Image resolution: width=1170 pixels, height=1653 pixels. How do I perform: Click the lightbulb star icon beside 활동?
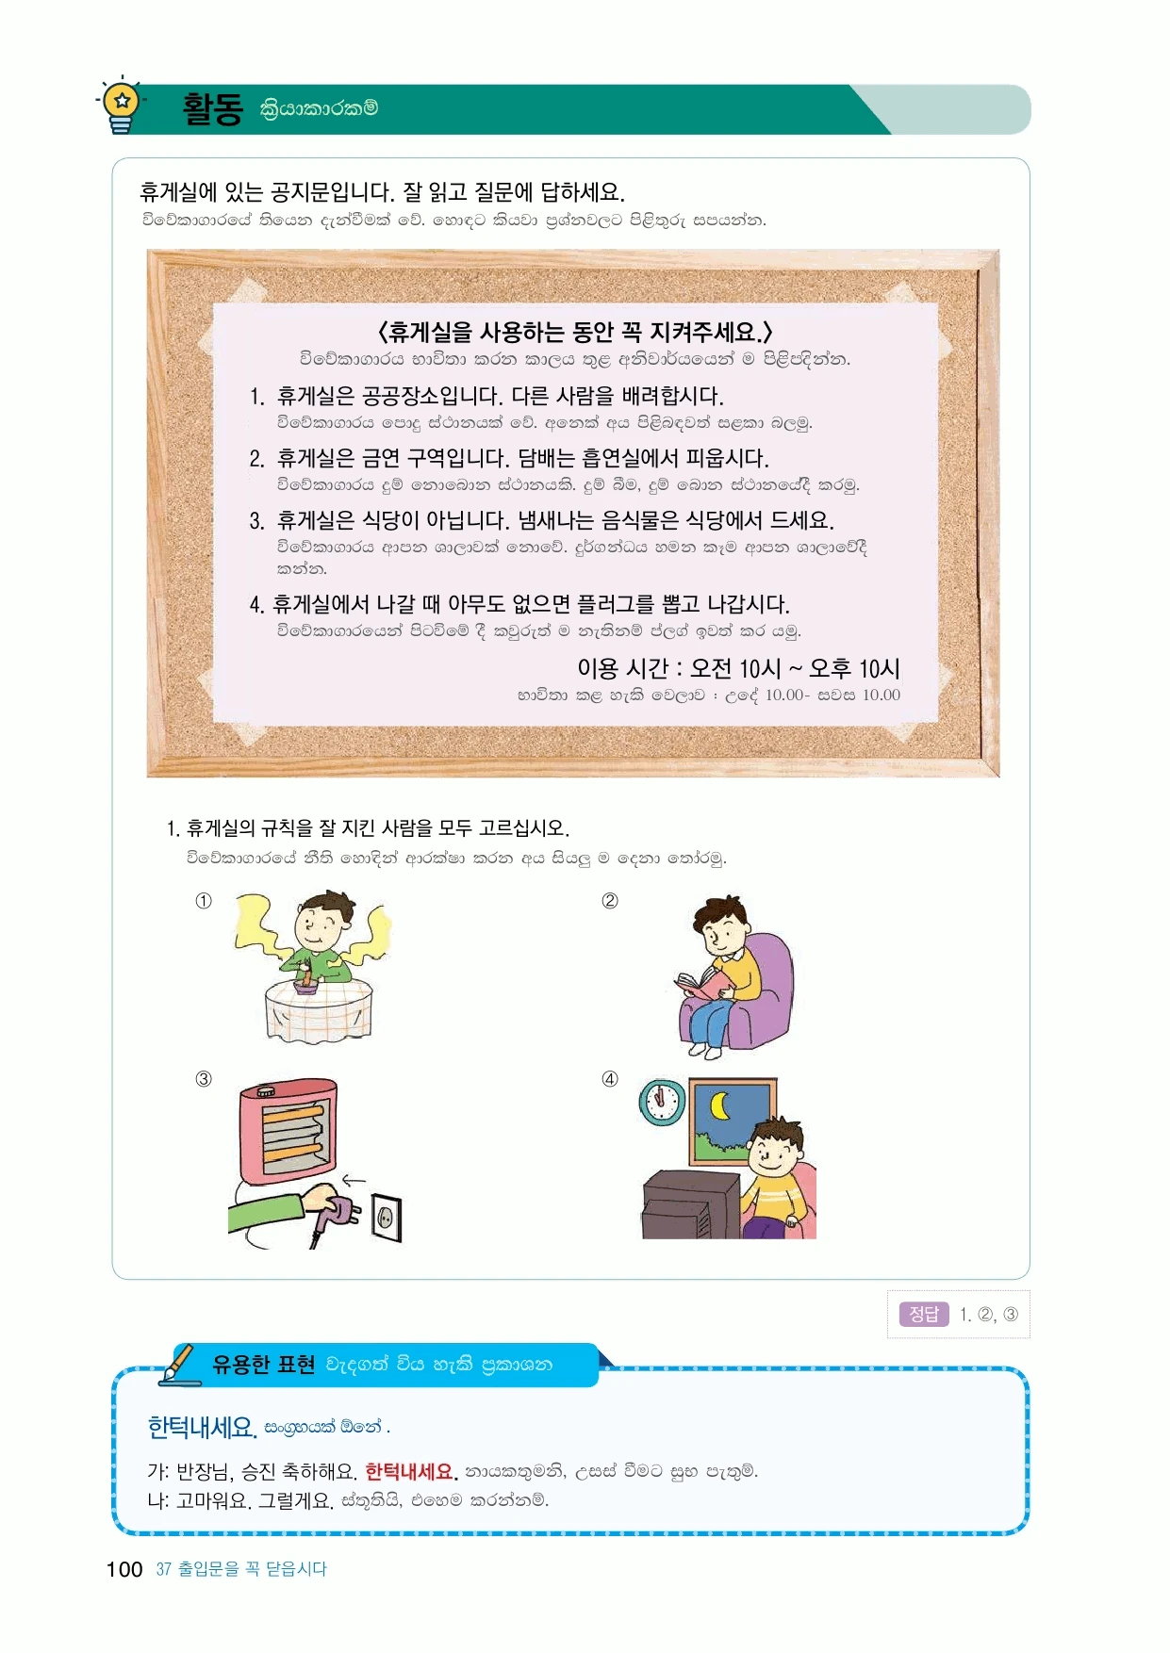coord(122,105)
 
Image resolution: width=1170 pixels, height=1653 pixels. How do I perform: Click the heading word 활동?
coord(212,108)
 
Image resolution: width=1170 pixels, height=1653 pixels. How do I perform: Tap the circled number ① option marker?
coord(204,901)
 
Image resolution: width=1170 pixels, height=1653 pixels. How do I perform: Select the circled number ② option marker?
coord(610,901)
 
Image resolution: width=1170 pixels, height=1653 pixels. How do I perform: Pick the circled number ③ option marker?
coord(204,1079)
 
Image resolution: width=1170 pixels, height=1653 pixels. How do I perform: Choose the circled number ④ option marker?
coord(610,1079)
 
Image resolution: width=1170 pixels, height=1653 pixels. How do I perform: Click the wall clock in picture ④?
coord(662,1102)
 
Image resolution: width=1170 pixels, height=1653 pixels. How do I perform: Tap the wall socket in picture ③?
coord(387,1218)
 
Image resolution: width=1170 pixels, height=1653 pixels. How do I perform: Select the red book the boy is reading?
coord(702,984)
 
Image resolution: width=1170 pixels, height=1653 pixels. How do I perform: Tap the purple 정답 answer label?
coord(924,1314)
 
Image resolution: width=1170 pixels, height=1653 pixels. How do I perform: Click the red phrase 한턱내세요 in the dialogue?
coord(410,1471)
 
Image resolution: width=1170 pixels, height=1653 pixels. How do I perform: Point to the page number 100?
coord(124,1569)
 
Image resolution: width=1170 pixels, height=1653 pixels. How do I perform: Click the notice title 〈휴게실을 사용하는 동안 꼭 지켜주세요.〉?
coord(575,332)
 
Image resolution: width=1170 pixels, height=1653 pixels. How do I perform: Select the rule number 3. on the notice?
coord(256,520)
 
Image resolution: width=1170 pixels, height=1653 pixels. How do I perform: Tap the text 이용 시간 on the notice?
coord(622,668)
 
